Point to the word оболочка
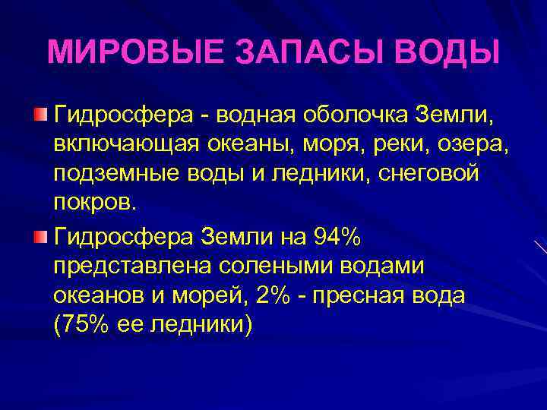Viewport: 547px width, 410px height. coord(355,115)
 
